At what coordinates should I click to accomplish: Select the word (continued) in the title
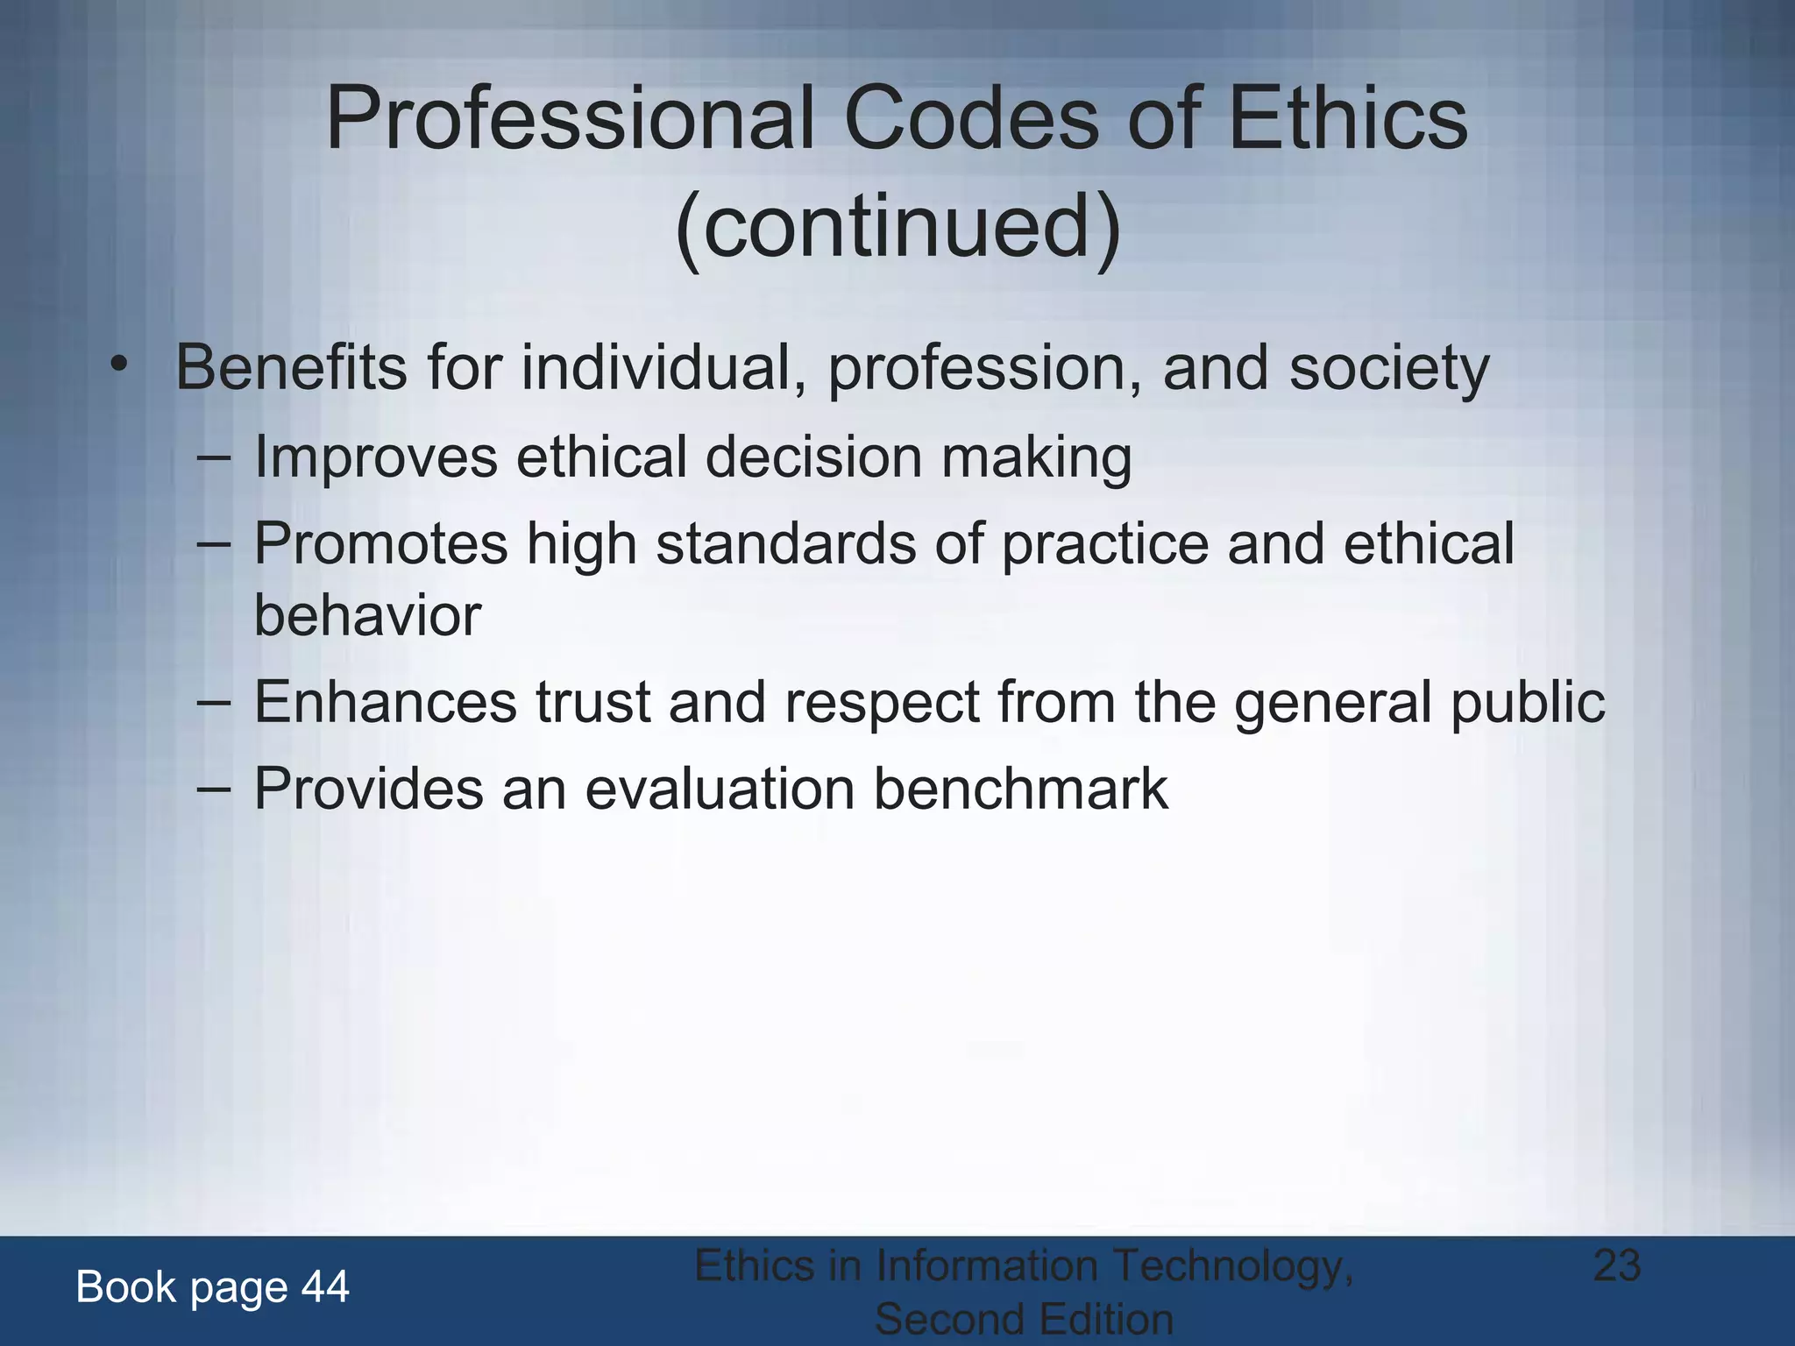click(x=897, y=226)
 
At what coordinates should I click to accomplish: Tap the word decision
click(x=814, y=457)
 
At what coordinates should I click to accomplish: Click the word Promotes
click(x=381, y=544)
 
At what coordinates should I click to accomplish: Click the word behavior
click(x=367, y=615)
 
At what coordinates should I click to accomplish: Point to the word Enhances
click(x=386, y=702)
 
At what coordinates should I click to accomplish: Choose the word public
click(x=1527, y=702)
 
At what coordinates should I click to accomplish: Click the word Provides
click(x=369, y=789)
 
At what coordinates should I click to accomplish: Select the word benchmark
click(x=1020, y=789)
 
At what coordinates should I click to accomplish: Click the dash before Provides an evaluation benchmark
click(x=214, y=789)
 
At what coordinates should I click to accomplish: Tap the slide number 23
click(x=1616, y=1265)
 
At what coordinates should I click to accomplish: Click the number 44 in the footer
click(x=325, y=1287)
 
